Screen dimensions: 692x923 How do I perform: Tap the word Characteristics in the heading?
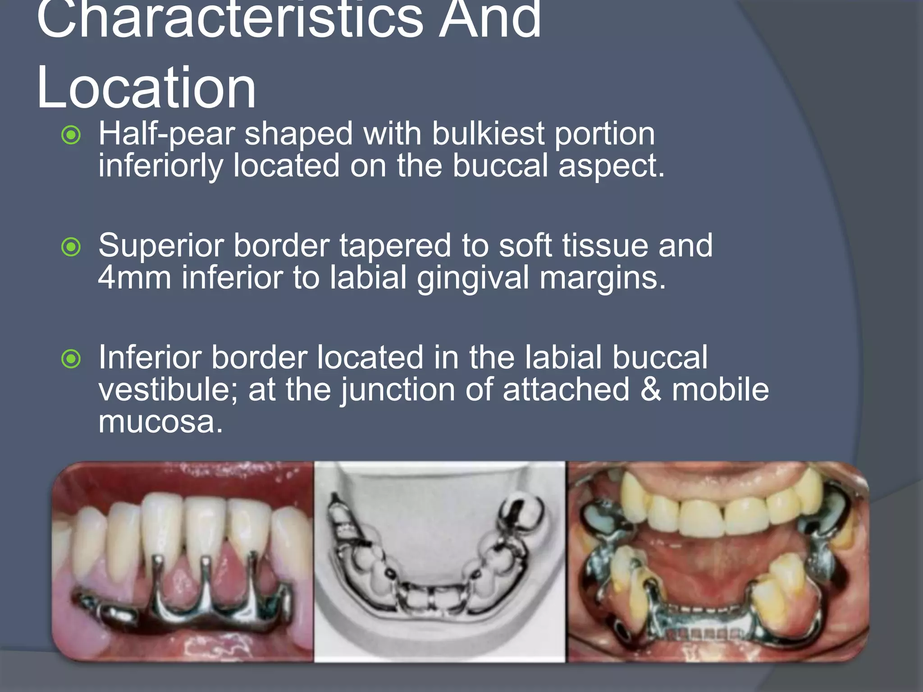pos(230,20)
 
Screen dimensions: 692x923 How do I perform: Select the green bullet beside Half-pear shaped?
pos(71,135)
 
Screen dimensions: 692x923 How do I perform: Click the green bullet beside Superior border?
pos(71,247)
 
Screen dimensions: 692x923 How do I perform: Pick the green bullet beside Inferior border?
pos(71,359)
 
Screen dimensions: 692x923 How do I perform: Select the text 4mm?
pos(134,278)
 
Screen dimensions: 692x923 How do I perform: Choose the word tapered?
pos(395,246)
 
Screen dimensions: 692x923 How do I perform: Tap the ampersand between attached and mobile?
pos(650,390)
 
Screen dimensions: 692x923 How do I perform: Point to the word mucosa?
pos(160,423)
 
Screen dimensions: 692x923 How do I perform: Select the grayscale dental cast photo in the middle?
pos(440,561)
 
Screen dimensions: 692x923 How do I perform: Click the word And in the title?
pos(490,20)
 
